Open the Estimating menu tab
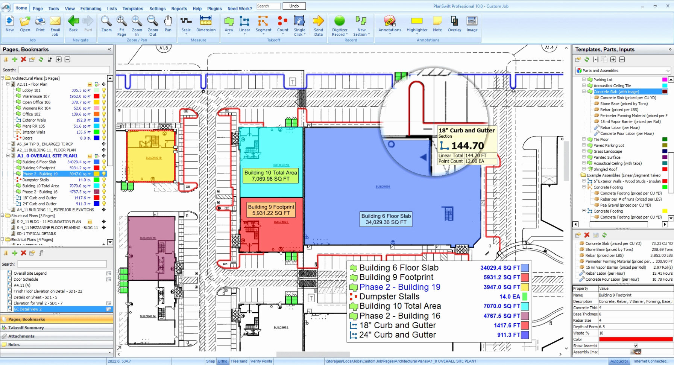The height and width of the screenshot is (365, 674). pyautogui.click(x=91, y=8)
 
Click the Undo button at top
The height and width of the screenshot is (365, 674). pyautogui.click(x=294, y=6)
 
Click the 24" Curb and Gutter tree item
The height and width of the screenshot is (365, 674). pyautogui.click(x=39, y=204)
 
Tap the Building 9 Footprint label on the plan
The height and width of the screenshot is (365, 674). pyautogui.click(x=271, y=210)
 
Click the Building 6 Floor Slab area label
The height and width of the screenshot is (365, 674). pyautogui.click(x=386, y=219)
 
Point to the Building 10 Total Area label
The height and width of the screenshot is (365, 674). pyautogui.click(x=270, y=176)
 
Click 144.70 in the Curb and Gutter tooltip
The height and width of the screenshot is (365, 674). pyautogui.click(x=468, y=146)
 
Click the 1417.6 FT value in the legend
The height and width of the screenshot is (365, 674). pyautogui.click(x=507, y=325)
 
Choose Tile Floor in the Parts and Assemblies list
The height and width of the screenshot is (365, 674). pyautogui.click(x=601, y=140)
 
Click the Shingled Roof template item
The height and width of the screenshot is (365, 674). pyautogui.click(x=605, y=169)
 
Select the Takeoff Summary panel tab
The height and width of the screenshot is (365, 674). pyautogui.click(x=26, y=328)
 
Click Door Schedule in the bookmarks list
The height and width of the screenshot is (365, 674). pyautogui.click(x=26, y=279)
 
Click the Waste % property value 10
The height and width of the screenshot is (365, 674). pyautogui.click(x=601, y=333)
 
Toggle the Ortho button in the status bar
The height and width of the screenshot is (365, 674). pyautogui.click(x=222, y=361)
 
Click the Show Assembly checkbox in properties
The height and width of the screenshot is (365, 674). pyautogui.click(x=636, y=345)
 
